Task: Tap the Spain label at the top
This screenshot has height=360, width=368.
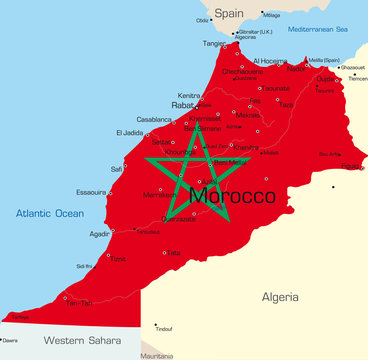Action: (229, 13)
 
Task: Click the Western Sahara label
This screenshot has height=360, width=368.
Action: (78, 341)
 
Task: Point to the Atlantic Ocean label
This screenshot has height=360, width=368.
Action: (49, 213)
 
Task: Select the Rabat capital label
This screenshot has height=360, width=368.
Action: (183, 104)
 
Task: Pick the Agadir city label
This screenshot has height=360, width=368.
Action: (99, 234)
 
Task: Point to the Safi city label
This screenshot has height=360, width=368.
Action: (117, 168)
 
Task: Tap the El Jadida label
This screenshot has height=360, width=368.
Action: (130, 132)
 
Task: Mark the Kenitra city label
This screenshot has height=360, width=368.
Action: (190, 95)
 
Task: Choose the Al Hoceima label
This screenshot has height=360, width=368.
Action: (269, 61)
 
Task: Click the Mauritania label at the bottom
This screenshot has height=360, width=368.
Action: (157, 355)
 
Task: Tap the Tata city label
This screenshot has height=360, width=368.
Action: (174, 253)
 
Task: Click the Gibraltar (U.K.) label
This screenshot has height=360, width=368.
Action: (263, 31)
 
